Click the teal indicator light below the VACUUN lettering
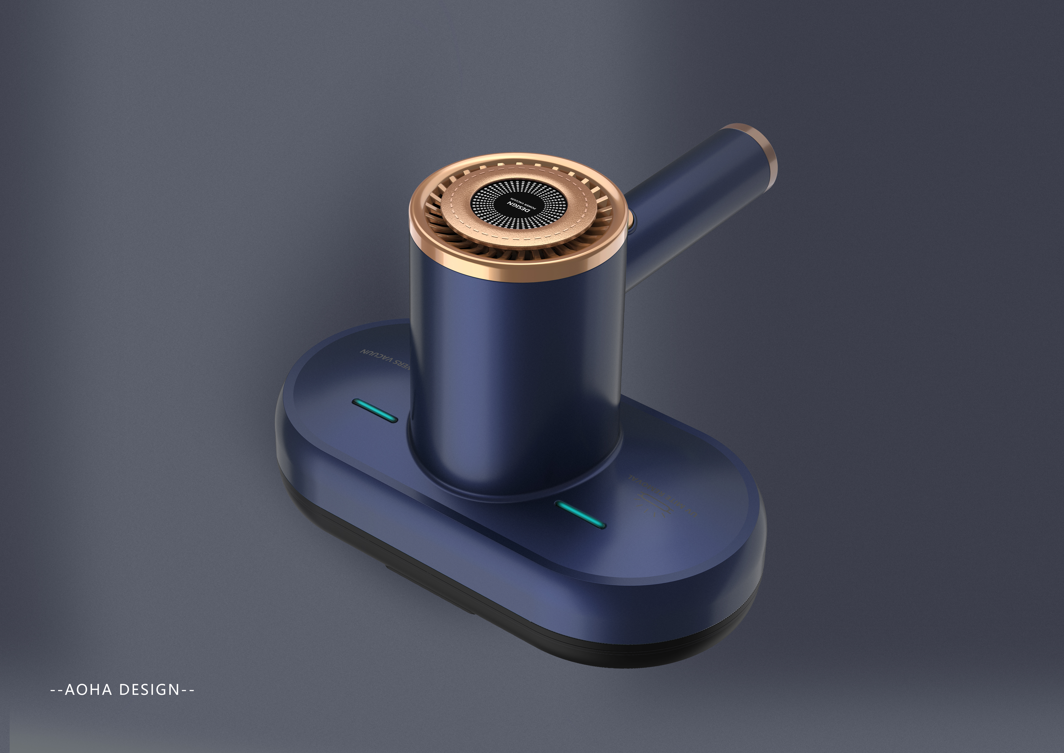click(x=374, y=410)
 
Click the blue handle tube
click(x=695, y=199)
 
